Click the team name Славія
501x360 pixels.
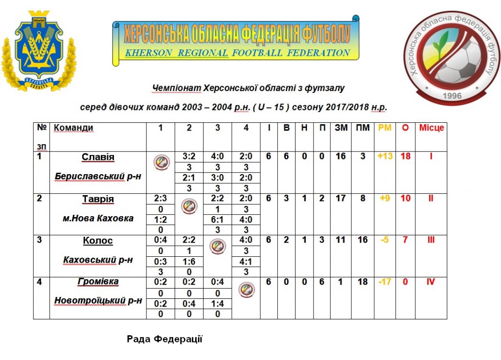tap(98, 157)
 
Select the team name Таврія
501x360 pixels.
tap(98, 199)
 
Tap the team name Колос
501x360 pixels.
tap(98, 241)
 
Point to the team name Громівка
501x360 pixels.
tap(98, 282)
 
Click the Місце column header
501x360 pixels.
tap(431, 128)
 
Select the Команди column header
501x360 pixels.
tap(73, 128)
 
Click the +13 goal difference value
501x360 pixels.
tap(385, 157)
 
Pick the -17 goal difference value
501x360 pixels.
tap(385, 282)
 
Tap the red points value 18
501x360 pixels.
tap(405, 157)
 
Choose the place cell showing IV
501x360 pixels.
tap(431, 282)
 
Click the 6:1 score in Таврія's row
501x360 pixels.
tap(218, 220)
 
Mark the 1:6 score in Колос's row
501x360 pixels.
tap(189, 261)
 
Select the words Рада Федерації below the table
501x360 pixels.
tap(164, 338)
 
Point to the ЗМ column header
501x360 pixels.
tap(341, 128)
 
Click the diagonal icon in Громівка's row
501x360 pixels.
tap(246, 290)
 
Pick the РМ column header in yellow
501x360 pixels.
tap(385, 128)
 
